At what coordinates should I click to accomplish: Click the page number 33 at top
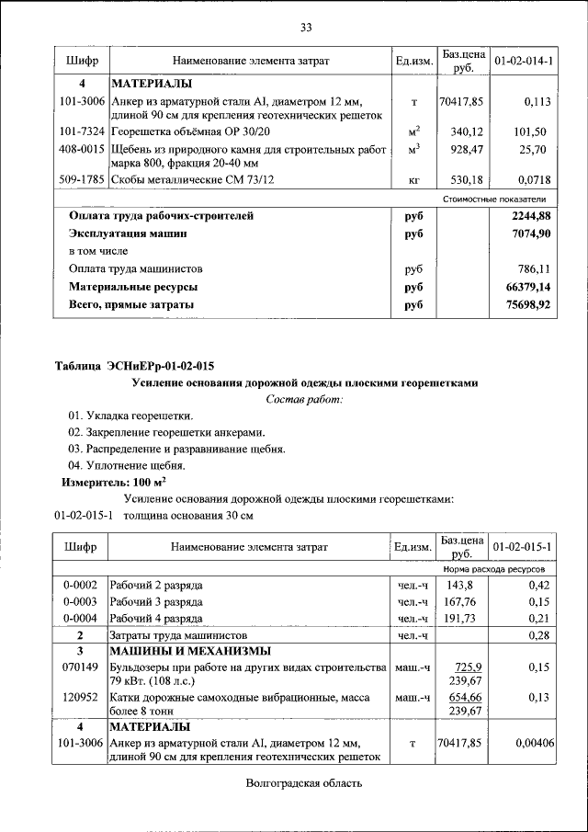(x=306, y=27)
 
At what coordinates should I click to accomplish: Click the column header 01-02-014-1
(x=523, y=61)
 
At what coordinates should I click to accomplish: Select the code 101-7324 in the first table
(x=80, y=131)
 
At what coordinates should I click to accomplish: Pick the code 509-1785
(x=80, y=180)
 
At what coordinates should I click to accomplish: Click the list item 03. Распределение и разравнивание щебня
(x=176, y=449)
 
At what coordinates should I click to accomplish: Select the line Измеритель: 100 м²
(x=113, y=482)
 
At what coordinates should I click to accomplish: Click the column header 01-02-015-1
(x=523, y=547)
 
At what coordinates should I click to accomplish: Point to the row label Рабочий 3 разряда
(x=156, y=601)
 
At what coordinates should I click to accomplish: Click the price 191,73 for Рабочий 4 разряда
(x=464, y=618)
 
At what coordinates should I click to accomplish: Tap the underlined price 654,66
(x=464, y=698)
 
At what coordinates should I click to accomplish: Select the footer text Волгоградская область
(x=305, y=783)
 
